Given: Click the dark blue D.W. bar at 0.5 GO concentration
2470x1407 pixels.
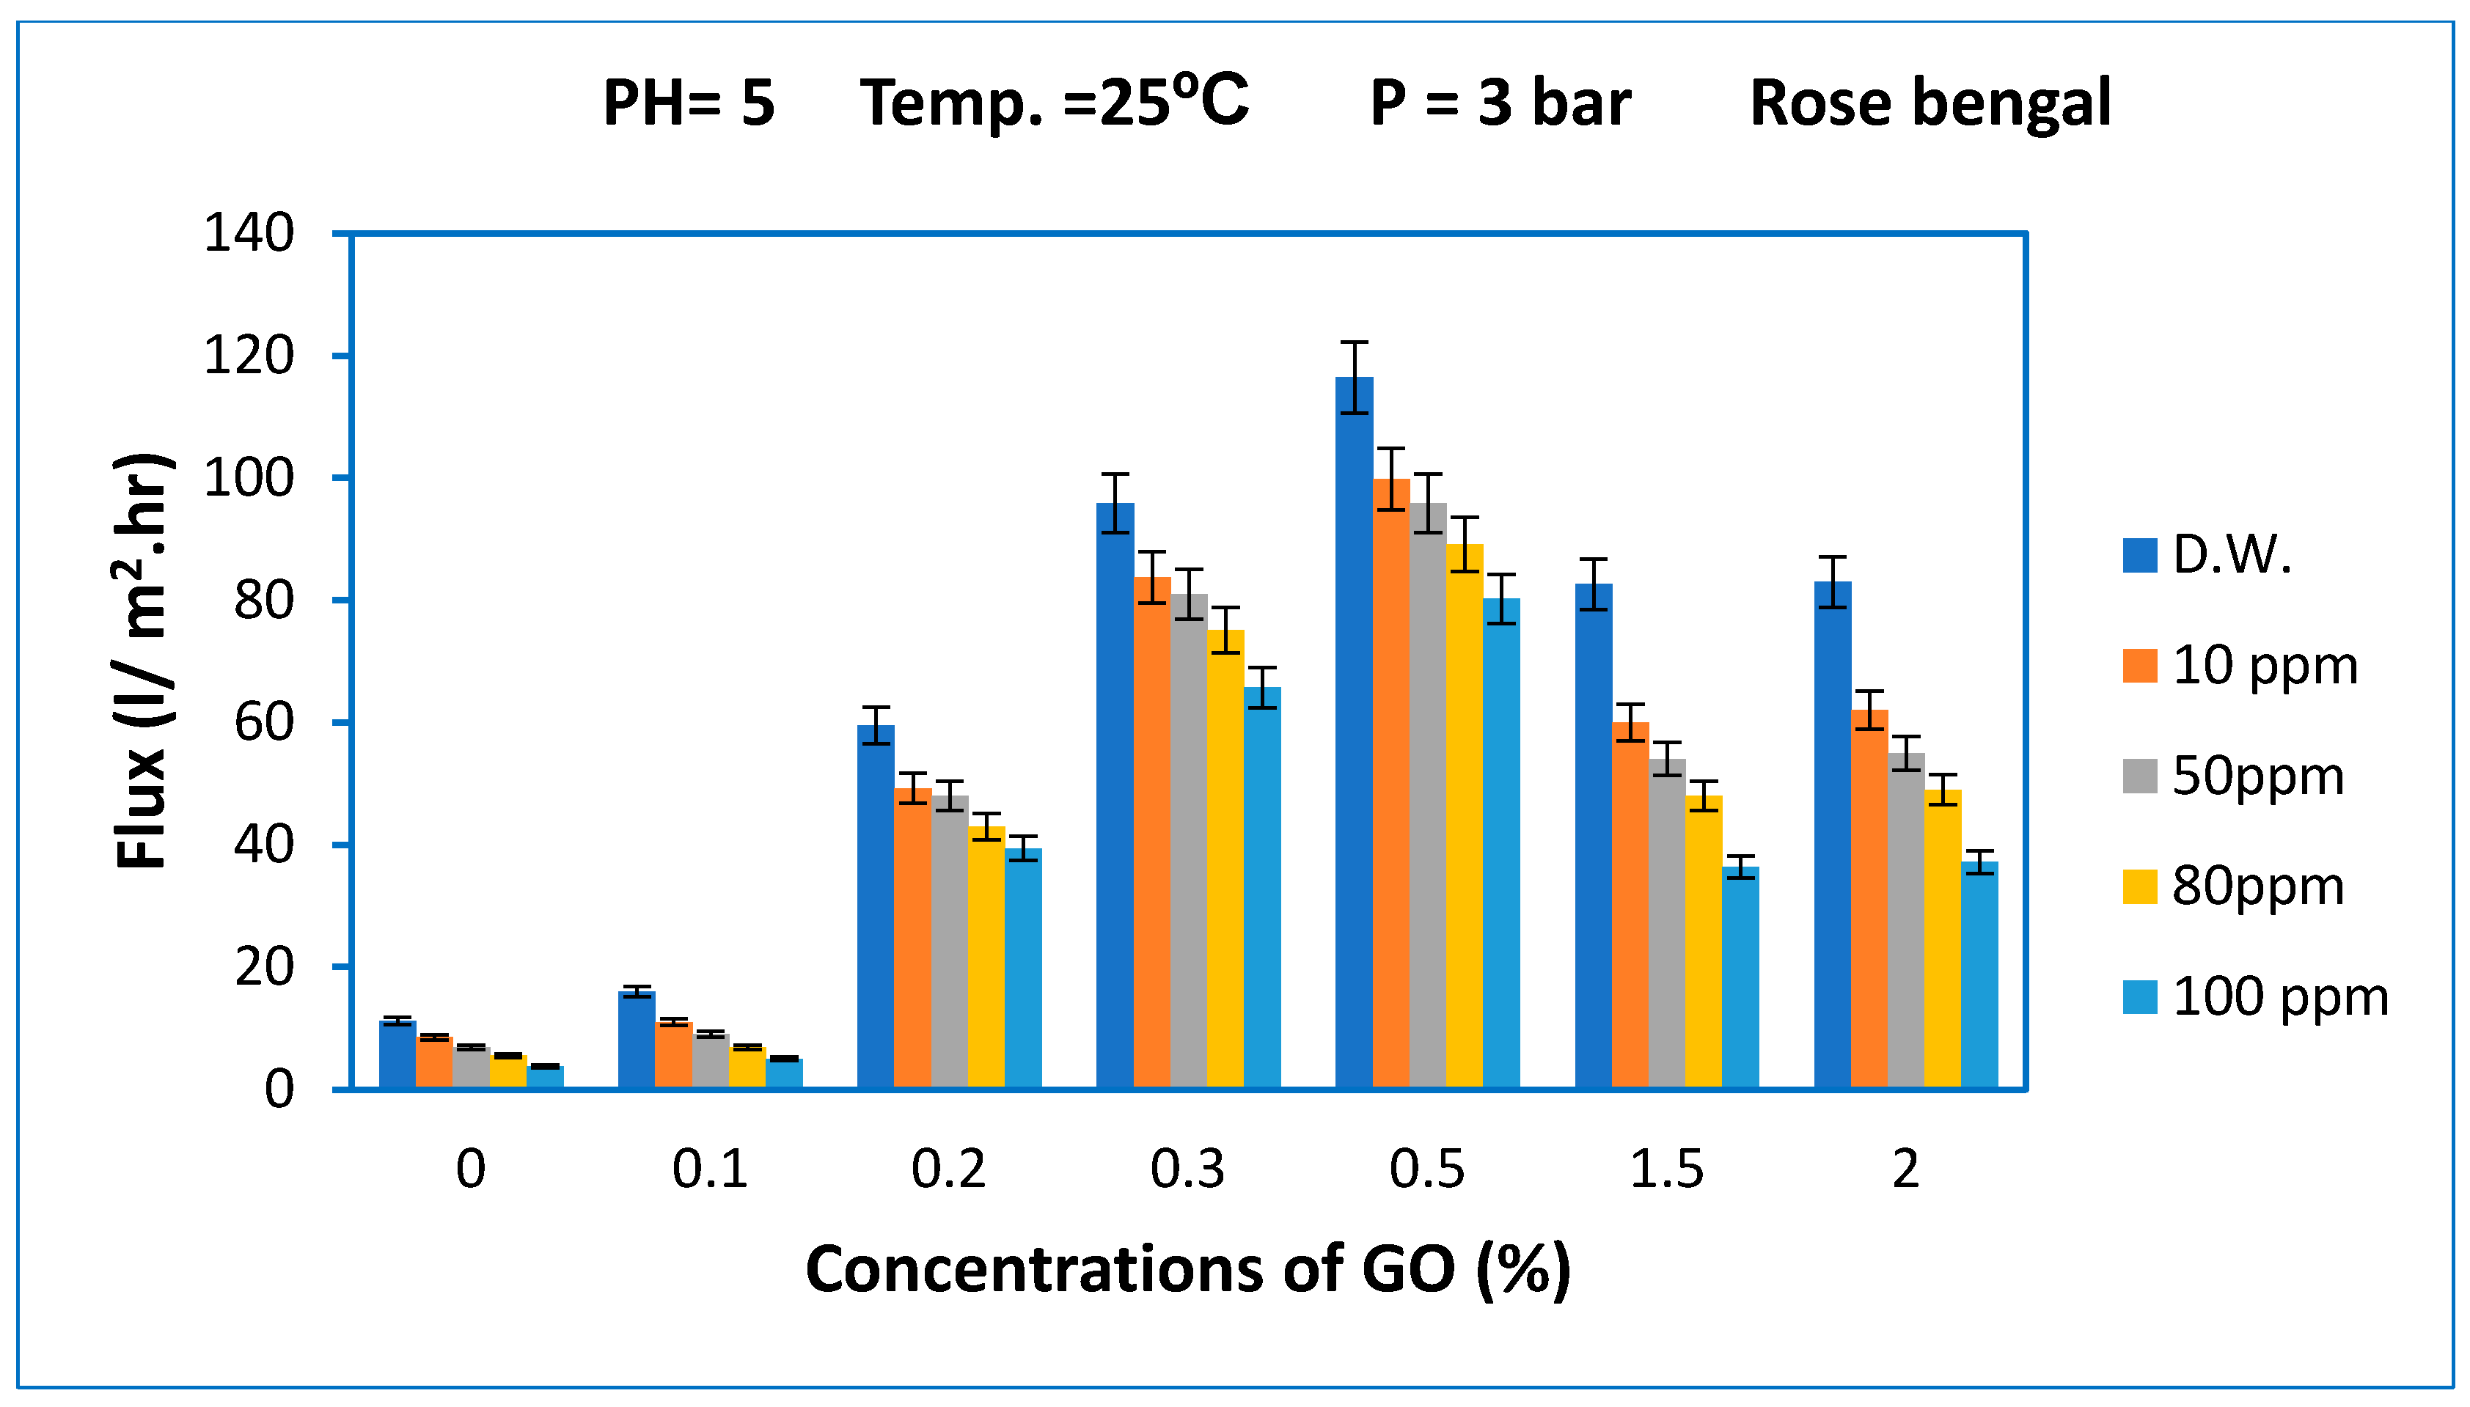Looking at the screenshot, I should tap(1354, 735).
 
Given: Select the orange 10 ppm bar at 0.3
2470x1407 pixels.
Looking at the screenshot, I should tap(1152, 831).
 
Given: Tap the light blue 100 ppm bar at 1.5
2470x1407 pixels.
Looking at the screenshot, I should tap(1740, 976).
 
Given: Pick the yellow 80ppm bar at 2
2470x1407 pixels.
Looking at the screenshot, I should tap(1943, 937).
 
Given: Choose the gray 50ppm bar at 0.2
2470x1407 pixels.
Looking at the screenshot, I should tap(950, 942).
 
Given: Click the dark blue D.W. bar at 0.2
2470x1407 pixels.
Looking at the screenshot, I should tap(876, 908).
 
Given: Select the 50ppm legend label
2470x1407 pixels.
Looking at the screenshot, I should tap(2257, 776).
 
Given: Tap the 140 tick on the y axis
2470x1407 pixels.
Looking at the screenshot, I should tap(249, 234).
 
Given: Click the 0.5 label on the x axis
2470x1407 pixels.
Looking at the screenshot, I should tap(1426, 1169).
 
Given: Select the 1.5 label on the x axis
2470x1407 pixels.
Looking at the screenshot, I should tap(1666, 1169).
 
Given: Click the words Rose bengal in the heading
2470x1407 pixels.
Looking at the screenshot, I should tap(1930, 103).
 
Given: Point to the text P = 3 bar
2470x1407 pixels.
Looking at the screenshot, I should tap(1500, 103).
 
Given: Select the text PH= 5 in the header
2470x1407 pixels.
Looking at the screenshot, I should tap(688, 103).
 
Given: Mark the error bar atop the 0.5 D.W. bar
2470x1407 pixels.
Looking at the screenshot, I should tap(1355, 377).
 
